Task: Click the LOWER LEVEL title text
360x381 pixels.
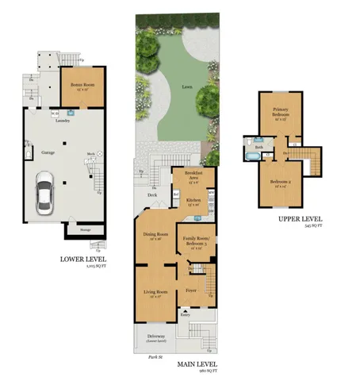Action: (82, 259)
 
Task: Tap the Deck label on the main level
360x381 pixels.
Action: (152, 194)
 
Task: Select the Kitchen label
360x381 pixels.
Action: (193, 200)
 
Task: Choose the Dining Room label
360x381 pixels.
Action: (155, 235)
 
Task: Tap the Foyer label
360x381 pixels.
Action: (190, 291)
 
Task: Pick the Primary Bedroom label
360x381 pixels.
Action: (280, 111)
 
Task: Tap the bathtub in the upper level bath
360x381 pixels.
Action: (251, 156)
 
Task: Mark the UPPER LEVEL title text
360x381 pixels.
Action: (299, 219)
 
